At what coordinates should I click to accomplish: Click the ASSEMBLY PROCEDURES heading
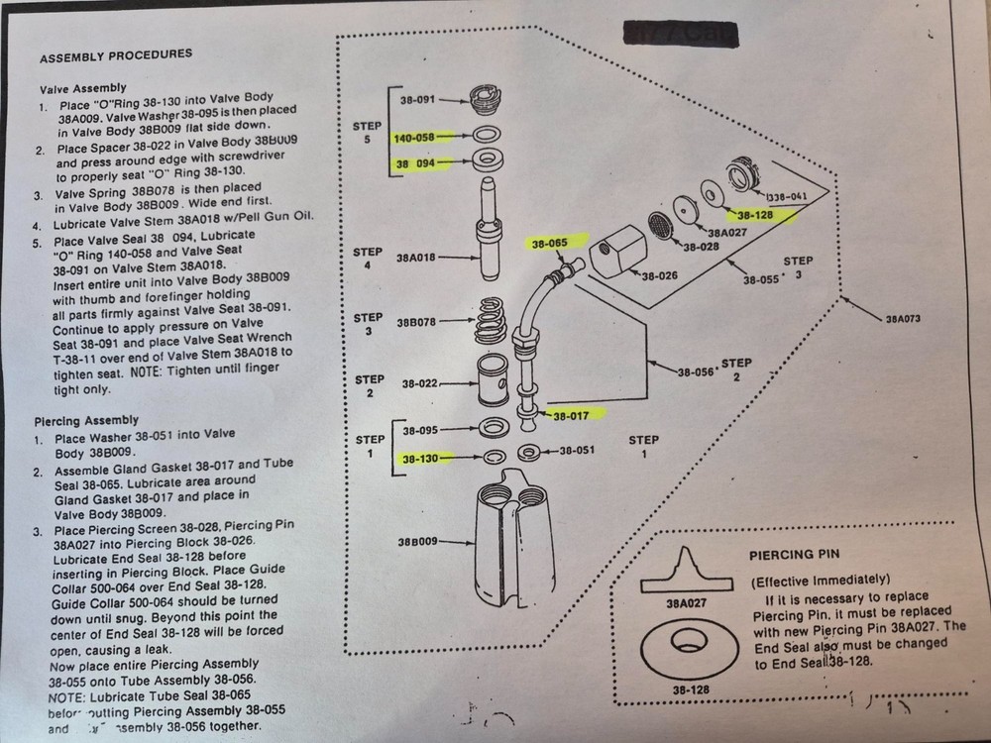(116, 53)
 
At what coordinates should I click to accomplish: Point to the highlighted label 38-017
(573, 417)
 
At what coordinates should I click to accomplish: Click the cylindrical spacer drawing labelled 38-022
(492, 380)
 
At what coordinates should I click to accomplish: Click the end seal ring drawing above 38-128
(687, 649)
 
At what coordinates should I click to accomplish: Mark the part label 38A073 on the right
(903, 319)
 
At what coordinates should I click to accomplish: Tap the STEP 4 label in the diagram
(368, 260)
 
